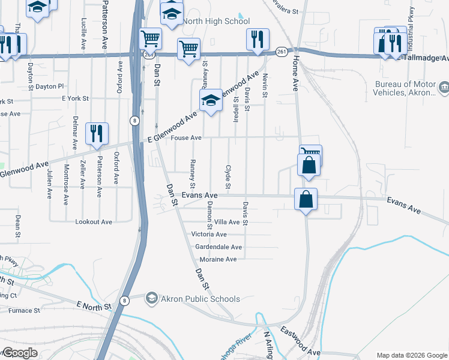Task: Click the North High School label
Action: coord(215,22)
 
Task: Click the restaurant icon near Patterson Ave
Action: coord(97,134)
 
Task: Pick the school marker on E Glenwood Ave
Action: coord(211,101)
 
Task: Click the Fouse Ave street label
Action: coord(186,138)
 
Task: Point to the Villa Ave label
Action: coord(227,222)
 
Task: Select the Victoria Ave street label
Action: coord(209,234)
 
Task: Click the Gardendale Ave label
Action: coord(218,247)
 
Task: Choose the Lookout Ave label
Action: coord(94,221)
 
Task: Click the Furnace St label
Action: coord(24,311)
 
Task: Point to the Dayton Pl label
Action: coord(49,86)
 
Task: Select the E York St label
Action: coord(75,98)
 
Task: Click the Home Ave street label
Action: coord(295,76)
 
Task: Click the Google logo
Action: coord(19,353)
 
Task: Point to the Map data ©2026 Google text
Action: coord(411,355)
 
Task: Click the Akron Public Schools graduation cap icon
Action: coord(152,298)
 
